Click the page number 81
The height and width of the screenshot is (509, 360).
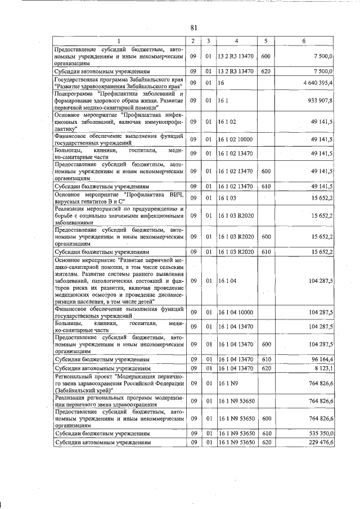coord(193,27)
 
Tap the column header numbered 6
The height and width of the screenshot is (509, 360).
coord(304,41)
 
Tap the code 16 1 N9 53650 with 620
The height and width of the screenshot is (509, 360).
coord(236,443)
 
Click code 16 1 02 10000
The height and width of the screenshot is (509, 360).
coord(235,139)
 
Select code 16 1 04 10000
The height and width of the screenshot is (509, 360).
coord(235,312)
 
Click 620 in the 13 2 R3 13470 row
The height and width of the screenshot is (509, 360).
coord(266,72)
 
